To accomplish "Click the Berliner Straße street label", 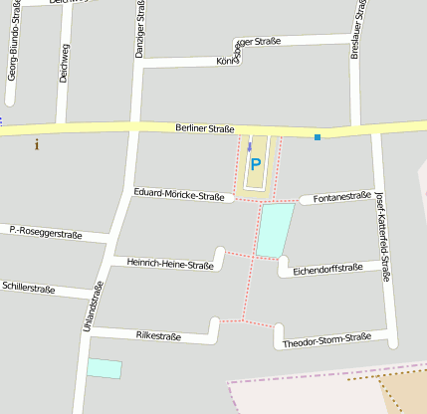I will point(204,128).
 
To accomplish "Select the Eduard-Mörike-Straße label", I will point(178,195).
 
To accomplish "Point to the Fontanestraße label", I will point(341,197).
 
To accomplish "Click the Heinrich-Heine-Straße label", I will point(170,265).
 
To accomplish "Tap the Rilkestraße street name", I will point(158,336).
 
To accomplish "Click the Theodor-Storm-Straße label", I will point(326,340).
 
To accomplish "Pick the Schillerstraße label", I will point(29,288).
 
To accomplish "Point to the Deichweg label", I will point(64,61).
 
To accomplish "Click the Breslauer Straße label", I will point(355,30).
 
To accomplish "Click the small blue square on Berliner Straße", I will point(318,137).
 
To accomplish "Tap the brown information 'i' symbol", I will point(37,144).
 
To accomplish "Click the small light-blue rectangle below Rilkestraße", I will point(104,368).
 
